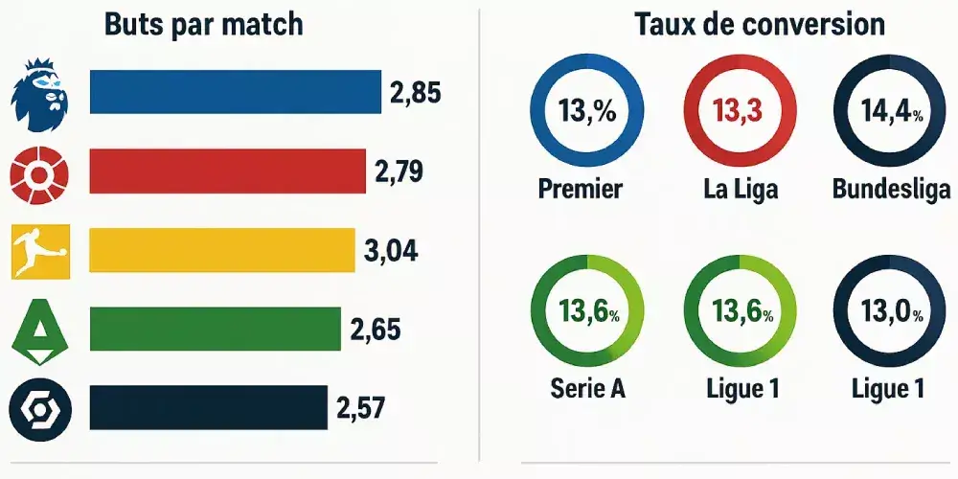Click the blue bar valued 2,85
pos(235,92)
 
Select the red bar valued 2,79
pos(227,171)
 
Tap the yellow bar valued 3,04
pos(221,250)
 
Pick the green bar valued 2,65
pos(215,330)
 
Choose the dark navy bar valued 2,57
pos(208,407)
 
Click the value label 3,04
pos(391,251)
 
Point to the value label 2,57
pos(360,408)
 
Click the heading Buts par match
pos(203,24)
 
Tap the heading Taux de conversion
pos(760,24)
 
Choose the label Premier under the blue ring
pos(580,188)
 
